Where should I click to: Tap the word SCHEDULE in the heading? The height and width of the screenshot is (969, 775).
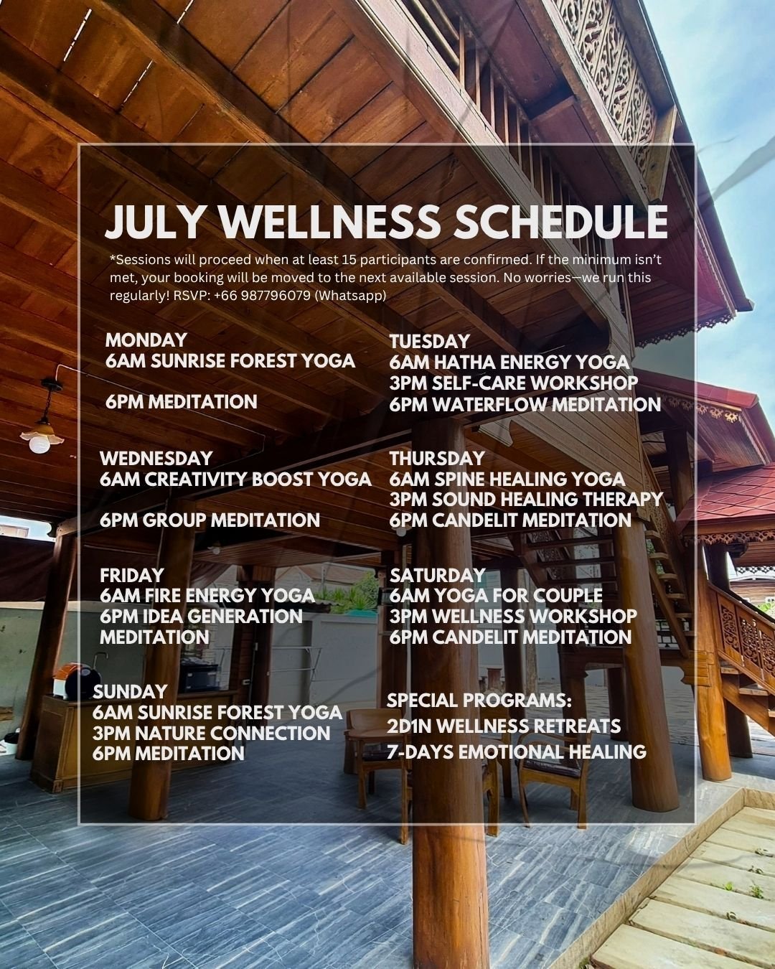(x=560, y=223)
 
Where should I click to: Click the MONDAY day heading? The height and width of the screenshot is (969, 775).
(x=146, y=340)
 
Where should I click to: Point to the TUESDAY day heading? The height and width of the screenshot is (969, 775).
(x=430, y=342)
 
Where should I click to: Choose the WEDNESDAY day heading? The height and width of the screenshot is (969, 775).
(x=156, y=459)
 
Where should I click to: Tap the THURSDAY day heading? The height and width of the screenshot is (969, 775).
(x=437, y=459)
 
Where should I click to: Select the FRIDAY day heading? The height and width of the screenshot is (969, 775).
(x=131, y=576)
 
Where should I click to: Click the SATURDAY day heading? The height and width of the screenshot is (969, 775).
(x=437, y=576)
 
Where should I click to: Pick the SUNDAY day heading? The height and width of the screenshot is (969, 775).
(x=130, y=692)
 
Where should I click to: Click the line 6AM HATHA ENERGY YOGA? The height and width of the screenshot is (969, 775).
(x=509, y=362)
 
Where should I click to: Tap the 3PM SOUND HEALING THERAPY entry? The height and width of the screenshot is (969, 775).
(x=526, y=500)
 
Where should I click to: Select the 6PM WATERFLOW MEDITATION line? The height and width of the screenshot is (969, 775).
(x=525, y=404)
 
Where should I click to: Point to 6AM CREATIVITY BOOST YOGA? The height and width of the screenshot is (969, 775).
(x=235, y=479)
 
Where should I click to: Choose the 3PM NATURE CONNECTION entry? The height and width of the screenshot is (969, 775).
(x=211, y=734)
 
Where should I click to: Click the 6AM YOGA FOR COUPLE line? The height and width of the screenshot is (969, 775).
(x=496, y=596)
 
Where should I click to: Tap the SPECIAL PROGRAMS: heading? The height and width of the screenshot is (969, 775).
(x=479, y=701)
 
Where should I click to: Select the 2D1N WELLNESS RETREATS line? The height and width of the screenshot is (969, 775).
(x=504, y=726)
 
